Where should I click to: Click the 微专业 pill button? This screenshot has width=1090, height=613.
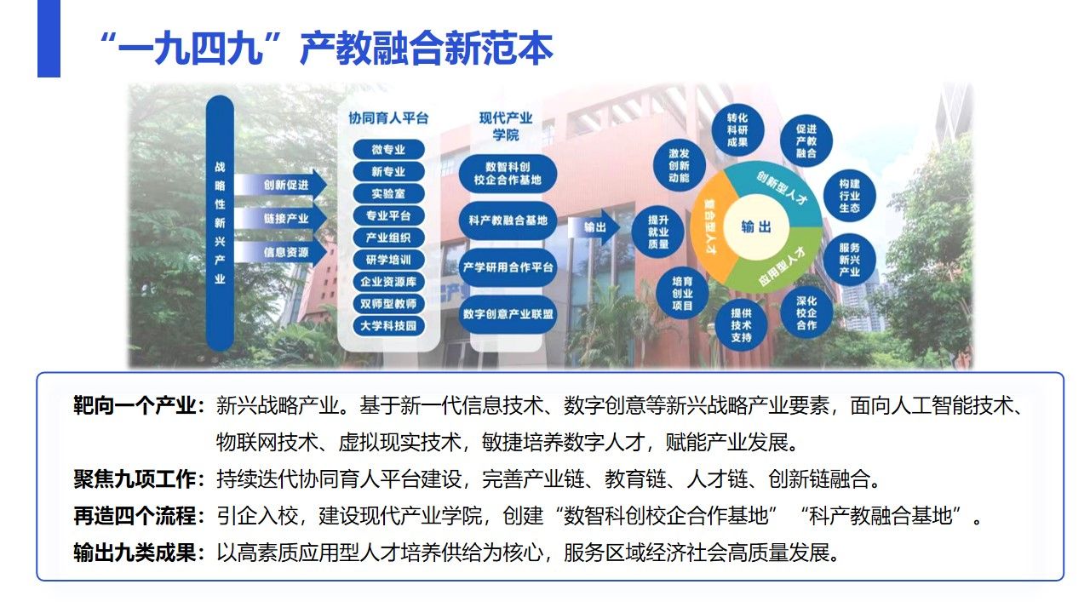[388, 149]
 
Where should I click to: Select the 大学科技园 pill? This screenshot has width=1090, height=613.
[388, 325]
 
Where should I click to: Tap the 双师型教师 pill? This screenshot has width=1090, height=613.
[388, 304]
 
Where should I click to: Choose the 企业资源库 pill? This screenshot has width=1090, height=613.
[388, 282]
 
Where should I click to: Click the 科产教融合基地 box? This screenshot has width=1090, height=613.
[508, 221]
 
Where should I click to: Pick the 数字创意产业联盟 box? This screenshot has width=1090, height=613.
[508, 314]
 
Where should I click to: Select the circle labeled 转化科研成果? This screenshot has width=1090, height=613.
[737, 130]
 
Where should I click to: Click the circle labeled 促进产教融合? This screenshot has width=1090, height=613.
[806, 141]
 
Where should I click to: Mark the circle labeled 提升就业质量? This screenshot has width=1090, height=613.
[658, 232]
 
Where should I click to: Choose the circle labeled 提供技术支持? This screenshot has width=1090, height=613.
[741, 325]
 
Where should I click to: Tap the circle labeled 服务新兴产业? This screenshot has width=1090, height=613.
[849, 260]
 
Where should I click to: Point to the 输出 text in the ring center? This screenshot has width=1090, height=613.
[756, 226]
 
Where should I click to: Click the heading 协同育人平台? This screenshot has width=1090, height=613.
[388, 118]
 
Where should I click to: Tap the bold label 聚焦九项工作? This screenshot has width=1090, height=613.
[135, 479]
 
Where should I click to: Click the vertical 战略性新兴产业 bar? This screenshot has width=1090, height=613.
[220, 223]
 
